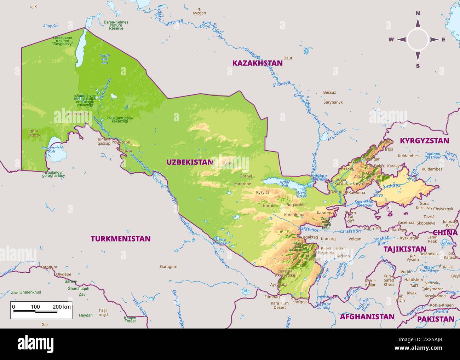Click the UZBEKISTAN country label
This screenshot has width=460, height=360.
(x=190, y=162)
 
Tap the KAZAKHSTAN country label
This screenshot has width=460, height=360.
(x=257, y=63)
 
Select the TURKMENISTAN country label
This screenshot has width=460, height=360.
(x=121, y=239)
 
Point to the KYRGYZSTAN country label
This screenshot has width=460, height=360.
(x=424, y=141)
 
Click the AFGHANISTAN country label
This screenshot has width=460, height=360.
(x=367, y=317)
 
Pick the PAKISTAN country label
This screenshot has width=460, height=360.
(x=436, y=319)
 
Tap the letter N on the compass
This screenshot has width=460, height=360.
(x=418, y=13)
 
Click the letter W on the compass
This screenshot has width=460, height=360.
(x=391, y=40)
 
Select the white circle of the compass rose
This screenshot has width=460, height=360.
(x=418, y=40)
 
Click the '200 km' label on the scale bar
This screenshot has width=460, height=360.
(x=62, y=307)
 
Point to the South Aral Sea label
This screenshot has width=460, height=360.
(x=105, y=59)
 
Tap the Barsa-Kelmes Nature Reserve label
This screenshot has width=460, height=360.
(x=116, y=25)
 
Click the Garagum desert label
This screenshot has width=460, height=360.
(x=168, y=267)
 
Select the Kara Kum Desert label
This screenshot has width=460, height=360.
(x=280, y=305)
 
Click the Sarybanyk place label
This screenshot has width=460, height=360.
(x=333, y=102)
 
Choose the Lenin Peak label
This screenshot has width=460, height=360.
(x=432, y=239)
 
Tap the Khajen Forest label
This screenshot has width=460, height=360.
(x=130, y=319)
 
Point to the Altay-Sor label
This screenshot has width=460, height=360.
(x=51, y=26)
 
